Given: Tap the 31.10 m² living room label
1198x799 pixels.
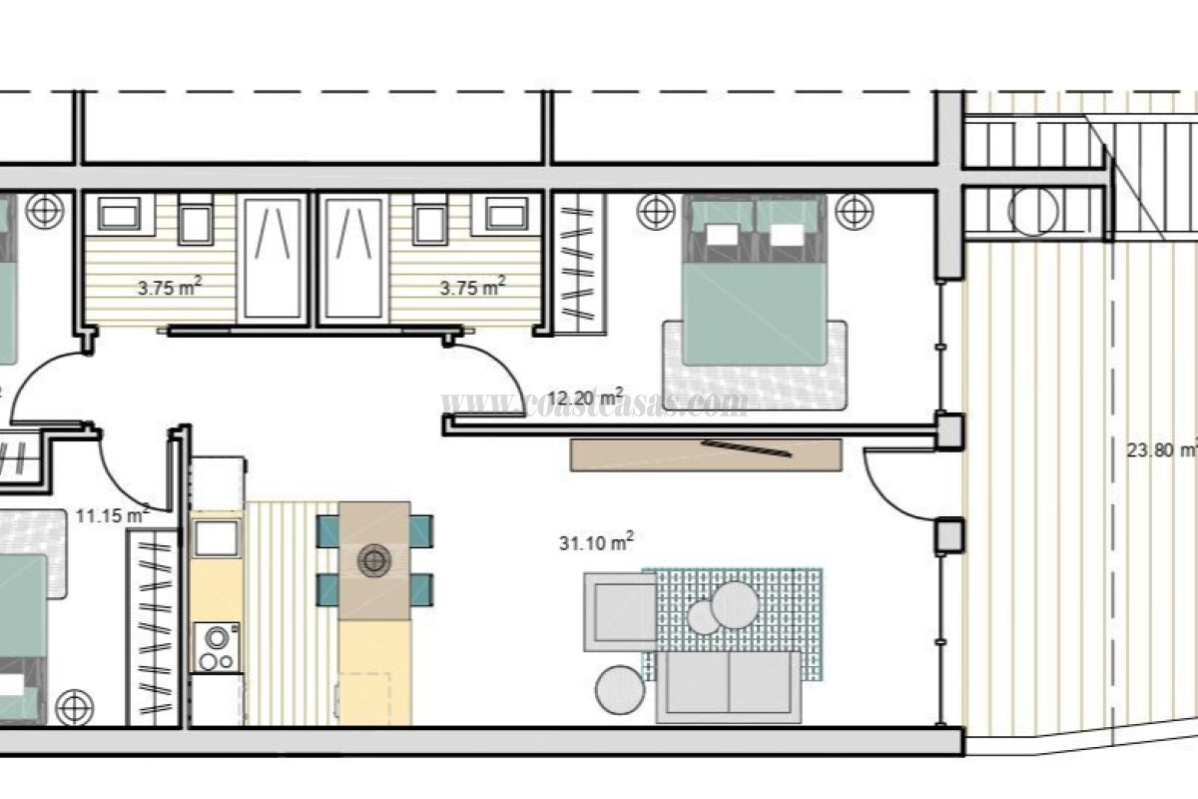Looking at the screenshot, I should pyautogui.click(x=597, y=542).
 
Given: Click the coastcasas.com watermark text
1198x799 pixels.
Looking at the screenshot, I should pyautogui.click(x=595, y=403).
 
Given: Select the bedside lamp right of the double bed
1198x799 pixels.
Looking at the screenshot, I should pyautogui.click(x=854, y=211).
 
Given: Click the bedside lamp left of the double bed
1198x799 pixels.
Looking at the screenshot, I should pyautogui.click(x=654, y=211).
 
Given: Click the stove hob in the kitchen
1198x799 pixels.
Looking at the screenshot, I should pyautogui.click(x=216, y=647).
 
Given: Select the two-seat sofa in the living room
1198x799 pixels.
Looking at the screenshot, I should pyautogui.click(x=729, y=685).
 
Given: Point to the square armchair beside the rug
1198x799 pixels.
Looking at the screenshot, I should pyautogui.click(x=619, y=610).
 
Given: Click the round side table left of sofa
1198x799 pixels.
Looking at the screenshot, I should pyautogui.click(x=620, y=689).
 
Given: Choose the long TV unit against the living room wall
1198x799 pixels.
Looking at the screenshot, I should pyautogui.click(x=705, y=454).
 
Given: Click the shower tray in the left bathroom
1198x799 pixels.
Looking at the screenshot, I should pyautogui.click(x=272, y=258).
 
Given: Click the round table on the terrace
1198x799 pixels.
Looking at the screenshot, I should pyautogui.click(x=1033, y=211).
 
